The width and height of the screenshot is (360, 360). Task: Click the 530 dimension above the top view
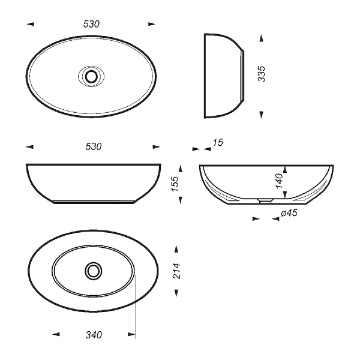click(x=91, y=24)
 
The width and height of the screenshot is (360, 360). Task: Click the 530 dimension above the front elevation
click(x=94, y=146)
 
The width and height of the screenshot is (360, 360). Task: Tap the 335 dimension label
click(x=262, y=74)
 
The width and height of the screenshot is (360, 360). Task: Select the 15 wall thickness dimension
click(x=218, y=143)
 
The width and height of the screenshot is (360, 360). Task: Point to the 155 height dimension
click(x=175, y=184)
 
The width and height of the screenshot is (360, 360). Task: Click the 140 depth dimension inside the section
click(x=279, y=181)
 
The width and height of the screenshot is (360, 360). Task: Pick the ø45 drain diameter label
click(x=289, y=213)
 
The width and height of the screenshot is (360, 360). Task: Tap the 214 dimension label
click(x=176, y=271)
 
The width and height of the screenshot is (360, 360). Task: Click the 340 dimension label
click(x=94, y=335)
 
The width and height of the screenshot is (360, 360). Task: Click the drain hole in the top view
click(x=91, y=76)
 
